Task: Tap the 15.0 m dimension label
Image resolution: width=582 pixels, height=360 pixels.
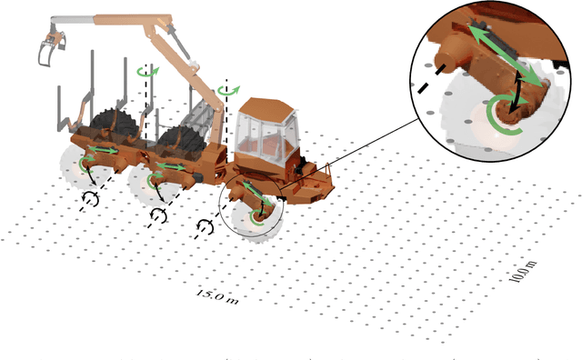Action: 216,295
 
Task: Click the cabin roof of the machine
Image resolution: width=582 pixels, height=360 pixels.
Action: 266,102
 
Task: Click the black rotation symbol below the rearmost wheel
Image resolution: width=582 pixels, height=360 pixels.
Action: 91,196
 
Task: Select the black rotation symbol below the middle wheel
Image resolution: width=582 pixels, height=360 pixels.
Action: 158,215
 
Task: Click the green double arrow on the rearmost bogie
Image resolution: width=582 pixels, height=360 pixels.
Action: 101,149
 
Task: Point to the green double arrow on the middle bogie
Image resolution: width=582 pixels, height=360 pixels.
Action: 172,166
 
